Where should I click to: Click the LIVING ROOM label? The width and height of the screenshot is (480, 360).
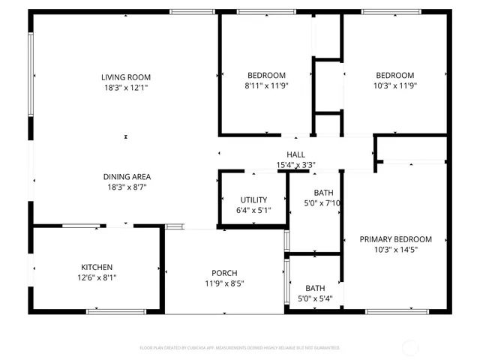pos(127,76)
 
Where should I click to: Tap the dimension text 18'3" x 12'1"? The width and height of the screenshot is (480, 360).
pos(127,88)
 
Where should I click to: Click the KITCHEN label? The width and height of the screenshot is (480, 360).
pos(97,267)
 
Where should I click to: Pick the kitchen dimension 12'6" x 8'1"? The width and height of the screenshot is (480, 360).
pos(97,277)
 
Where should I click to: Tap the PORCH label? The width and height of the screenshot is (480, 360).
pos(224,272)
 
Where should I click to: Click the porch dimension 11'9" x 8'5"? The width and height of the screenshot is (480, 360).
pos(224,283)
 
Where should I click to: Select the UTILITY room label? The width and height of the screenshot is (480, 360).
pos(253,199)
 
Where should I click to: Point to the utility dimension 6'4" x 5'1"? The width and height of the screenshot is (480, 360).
pos(253,210)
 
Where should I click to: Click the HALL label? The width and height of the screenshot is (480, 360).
pos(295,154)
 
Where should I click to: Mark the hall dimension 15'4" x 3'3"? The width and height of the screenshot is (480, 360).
pos(295,165)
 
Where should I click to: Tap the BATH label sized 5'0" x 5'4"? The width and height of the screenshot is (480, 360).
pos(314,288)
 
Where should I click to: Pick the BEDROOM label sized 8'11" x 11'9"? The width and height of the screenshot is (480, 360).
pos(266,75)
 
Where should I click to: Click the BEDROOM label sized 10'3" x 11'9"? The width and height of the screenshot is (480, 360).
pos(394,75)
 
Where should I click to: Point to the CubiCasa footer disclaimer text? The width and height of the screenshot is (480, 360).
pos(240,348)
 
